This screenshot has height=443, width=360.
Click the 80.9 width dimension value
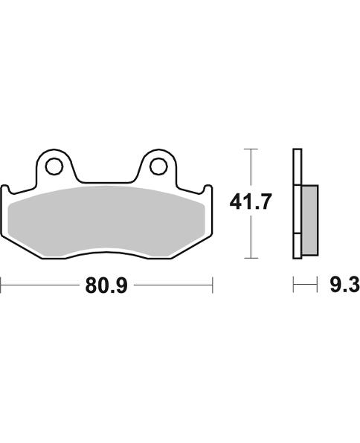click(106, 285)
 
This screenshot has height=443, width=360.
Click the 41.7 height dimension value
click(250, 201)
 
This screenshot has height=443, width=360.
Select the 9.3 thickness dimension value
click(344, 285)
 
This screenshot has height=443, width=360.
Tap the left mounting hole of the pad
click(54, 166)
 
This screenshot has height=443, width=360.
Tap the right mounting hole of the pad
click(158, 166)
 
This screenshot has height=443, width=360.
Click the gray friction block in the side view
click(310, 220)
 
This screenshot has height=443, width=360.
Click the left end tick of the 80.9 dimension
click(1, 285)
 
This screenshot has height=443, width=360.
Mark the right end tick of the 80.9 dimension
click(213, 285)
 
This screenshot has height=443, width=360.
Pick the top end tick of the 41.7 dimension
click(251, 149)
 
